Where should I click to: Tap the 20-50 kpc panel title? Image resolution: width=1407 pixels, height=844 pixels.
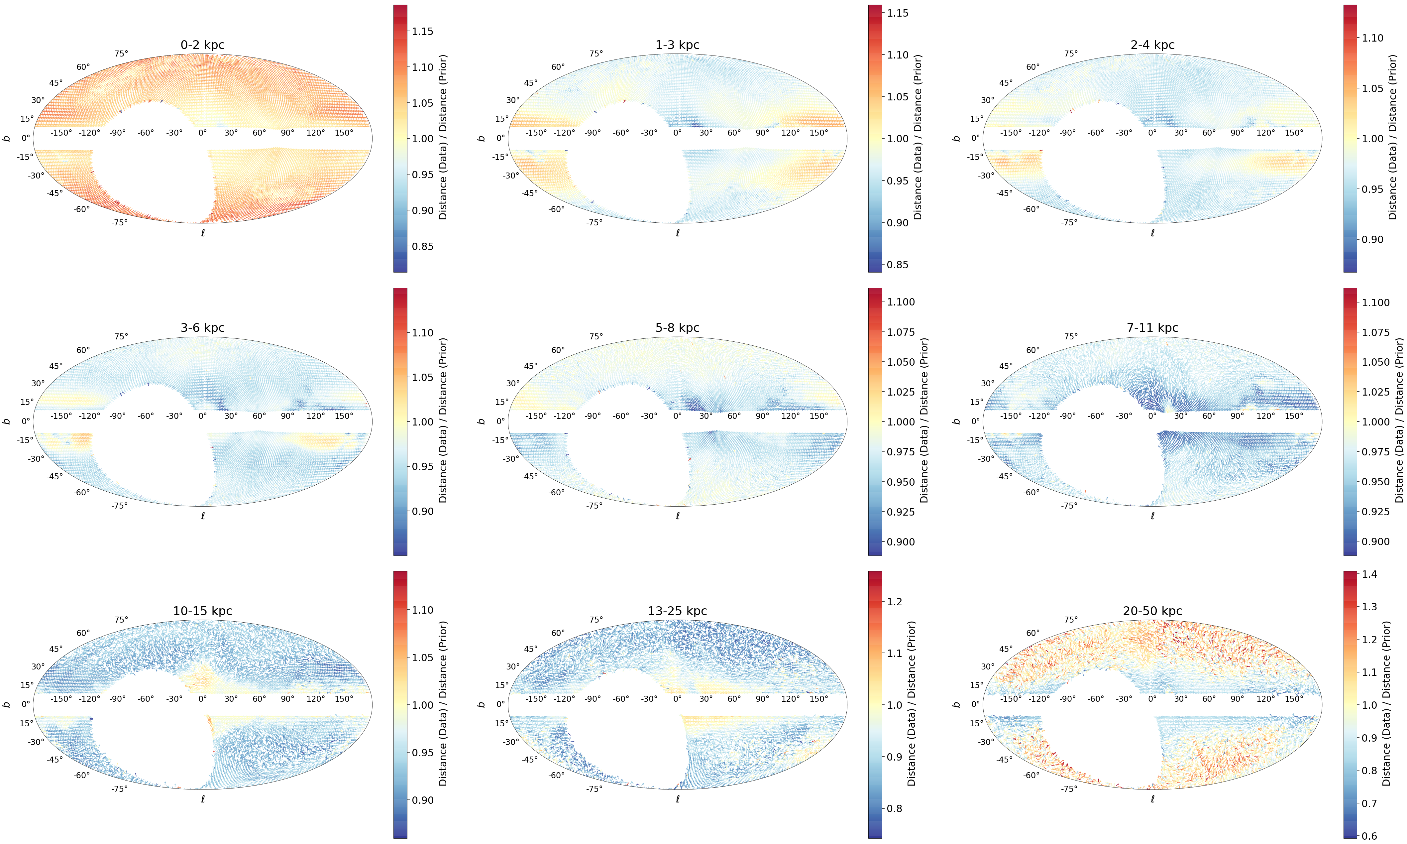[1152, 611]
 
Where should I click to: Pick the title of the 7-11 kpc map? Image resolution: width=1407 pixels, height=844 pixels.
[1152, 327]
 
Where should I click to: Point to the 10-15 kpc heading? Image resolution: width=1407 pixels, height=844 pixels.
[202, 611]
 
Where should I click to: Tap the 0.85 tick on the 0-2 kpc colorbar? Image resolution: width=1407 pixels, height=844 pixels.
[422, 246]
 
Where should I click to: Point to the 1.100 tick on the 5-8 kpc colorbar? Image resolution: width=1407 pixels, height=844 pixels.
[901, 302]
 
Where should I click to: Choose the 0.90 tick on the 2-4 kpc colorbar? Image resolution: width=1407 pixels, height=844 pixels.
[1372, 239]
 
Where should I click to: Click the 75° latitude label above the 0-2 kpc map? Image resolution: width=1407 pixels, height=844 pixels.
[121, 54]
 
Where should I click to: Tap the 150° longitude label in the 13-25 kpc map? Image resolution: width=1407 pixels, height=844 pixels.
[818, 698]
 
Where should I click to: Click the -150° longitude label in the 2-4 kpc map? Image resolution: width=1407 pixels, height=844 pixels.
[1011, 133]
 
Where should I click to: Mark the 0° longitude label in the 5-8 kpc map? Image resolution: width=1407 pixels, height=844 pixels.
[677, 416]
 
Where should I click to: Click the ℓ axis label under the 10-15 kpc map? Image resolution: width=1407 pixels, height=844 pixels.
[202, 799]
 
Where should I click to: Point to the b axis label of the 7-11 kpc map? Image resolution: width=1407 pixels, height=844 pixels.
[956, 422]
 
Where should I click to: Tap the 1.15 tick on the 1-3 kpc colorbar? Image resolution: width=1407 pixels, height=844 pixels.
[898, 13]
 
